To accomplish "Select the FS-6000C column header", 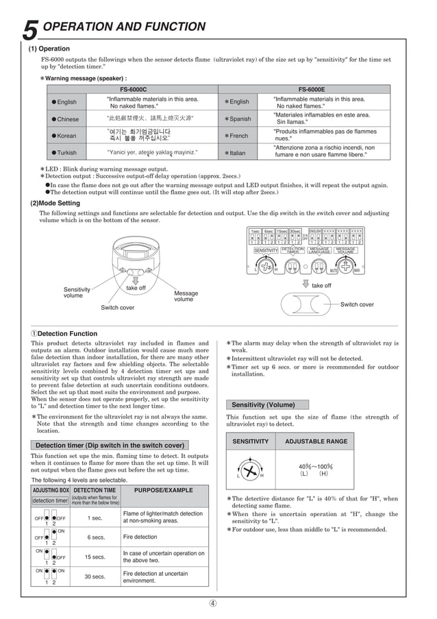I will pos(133,89).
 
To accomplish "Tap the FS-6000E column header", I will pos(312,89).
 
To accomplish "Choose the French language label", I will pos(238,136).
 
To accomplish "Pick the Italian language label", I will pos(237,152).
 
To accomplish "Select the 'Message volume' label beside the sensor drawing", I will pos(186,296).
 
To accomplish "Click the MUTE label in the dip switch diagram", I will pos(334,271).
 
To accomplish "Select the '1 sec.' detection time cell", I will pos(95,518).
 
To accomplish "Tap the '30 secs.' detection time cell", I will pos(95,576).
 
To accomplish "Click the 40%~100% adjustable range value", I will pos(315,470).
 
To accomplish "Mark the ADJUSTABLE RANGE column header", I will pos(316,441).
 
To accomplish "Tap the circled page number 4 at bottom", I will pos(213,603).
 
